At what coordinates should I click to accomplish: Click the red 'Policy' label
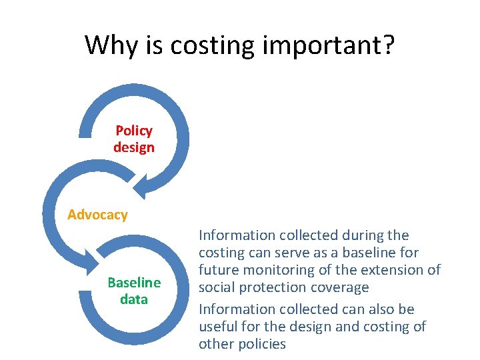134,131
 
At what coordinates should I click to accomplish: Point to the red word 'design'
134,147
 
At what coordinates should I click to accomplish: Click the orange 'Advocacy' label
97,215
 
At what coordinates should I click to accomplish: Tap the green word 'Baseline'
134,283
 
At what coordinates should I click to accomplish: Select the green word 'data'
134,299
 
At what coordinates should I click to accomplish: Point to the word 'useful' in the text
217,327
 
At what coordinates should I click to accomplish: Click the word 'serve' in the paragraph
294,253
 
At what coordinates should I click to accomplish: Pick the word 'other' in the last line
217,344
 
